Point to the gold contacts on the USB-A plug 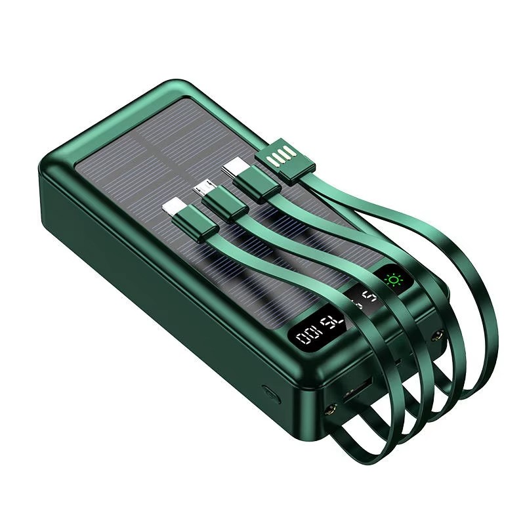point(280,160)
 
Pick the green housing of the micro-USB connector point(223,205)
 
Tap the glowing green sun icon point(394,280)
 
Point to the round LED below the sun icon point(434,335)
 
